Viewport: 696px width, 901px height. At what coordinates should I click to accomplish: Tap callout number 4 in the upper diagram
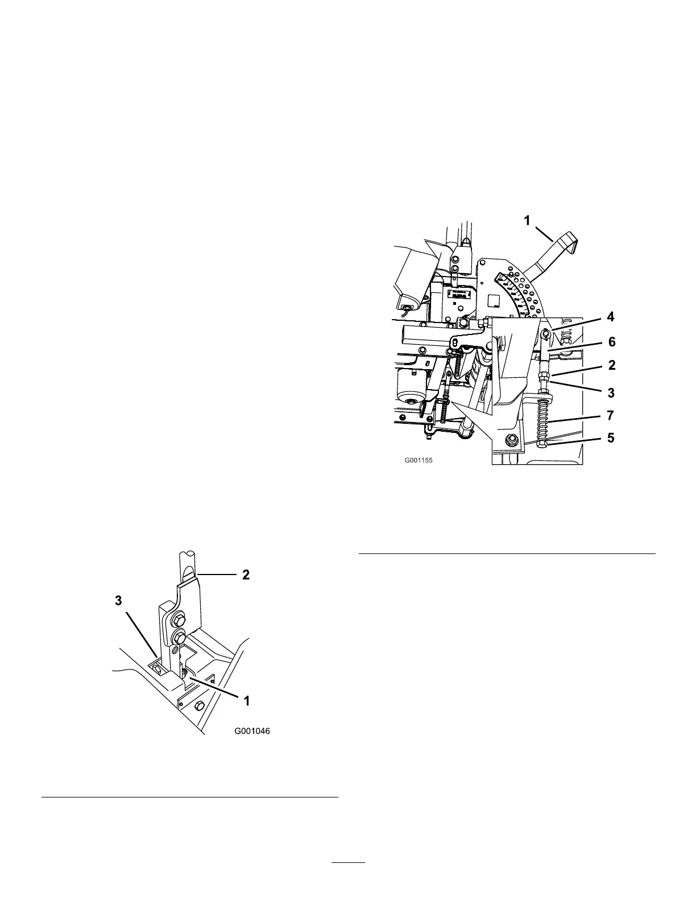point(611,317)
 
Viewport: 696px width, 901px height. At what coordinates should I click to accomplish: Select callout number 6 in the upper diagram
point(612,342)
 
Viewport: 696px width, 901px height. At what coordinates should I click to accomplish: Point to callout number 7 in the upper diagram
point(610,416)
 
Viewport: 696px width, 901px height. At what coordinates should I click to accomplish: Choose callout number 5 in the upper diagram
point(611,439)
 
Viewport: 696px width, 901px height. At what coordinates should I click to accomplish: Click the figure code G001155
point(419,460)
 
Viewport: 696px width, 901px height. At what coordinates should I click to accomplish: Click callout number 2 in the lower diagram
point(246,575)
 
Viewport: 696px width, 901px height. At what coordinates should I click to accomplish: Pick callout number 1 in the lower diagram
point(246,701)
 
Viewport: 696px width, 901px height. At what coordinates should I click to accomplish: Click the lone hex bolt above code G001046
point(199,705)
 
